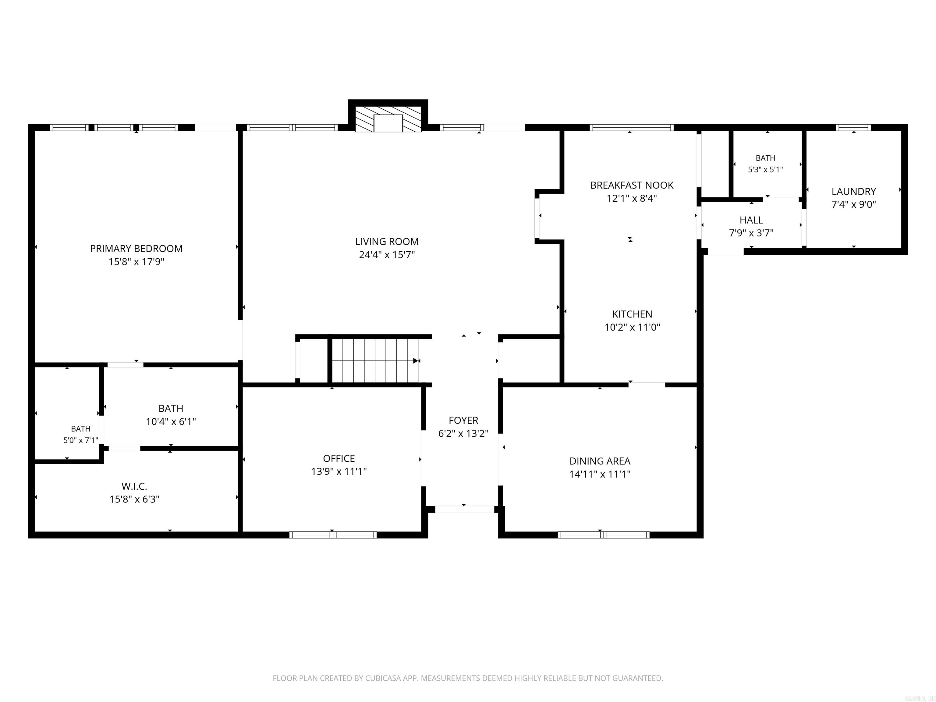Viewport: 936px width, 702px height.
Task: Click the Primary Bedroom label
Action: [x=136, y=249]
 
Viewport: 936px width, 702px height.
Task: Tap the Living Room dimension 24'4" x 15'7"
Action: [x=387, y=255]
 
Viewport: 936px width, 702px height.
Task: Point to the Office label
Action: [x=339, y=458]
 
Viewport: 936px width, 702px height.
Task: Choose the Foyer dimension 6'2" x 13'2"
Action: [x=463, y=434]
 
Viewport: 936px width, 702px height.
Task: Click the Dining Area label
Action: [x=600, y=461]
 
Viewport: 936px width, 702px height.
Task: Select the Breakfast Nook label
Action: [x=632, y=185]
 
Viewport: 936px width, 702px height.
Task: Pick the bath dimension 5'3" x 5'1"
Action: [x=765, y=170]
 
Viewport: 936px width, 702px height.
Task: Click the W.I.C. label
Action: [x=134, y=487]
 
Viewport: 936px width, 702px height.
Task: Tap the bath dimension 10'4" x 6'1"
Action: [x=171, y=422]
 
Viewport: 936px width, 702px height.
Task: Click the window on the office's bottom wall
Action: [x=333, y=535]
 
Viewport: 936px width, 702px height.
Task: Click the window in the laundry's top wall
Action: [x=853, y=127]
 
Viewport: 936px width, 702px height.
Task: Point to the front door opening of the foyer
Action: [x=465, y=509]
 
